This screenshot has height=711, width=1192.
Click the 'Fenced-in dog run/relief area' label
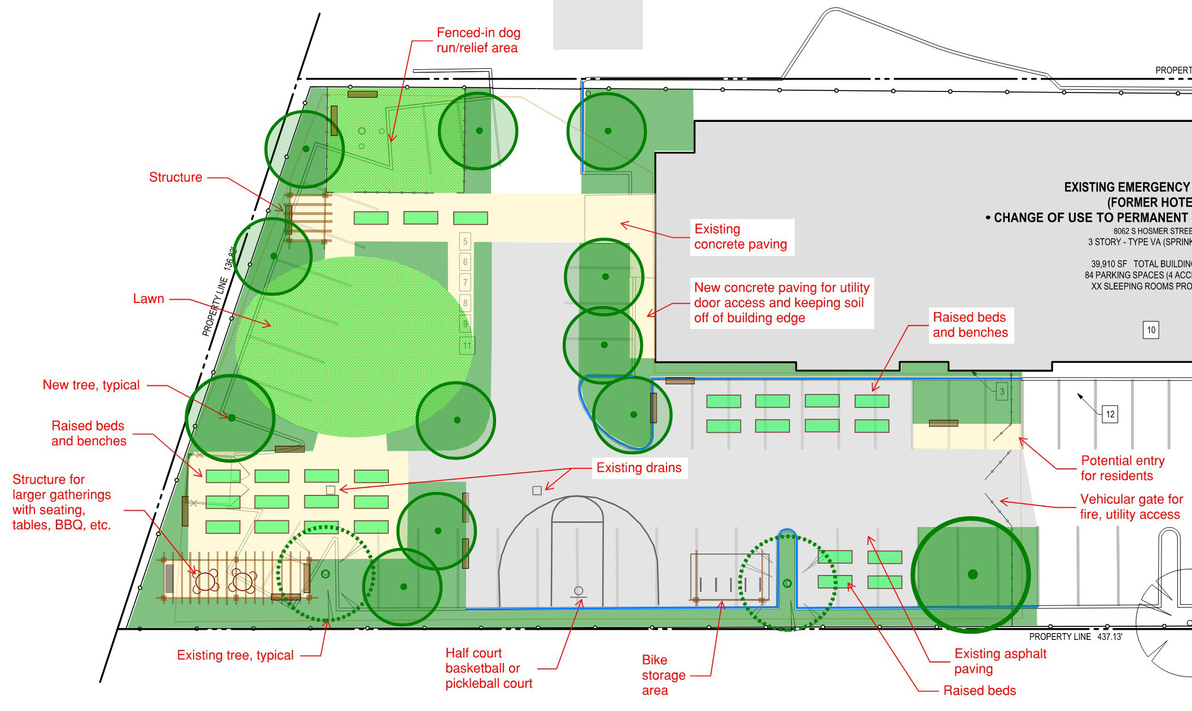point(478,40)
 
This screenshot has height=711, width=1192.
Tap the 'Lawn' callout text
point(148,299)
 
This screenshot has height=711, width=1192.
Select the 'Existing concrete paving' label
point(740,237)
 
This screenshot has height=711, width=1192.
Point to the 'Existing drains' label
point(639,468)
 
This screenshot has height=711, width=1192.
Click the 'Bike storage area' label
point(663,675)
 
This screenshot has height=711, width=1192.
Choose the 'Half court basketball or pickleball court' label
point(488,668)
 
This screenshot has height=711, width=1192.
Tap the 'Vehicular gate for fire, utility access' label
point(1130,507)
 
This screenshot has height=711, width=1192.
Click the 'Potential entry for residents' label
point(1122,468)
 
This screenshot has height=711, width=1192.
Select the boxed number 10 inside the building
point(1151,330)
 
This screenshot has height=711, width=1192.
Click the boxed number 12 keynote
point(1110,414)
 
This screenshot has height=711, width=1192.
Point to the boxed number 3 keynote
point(1002,392)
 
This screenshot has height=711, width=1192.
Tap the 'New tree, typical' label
point(91,385)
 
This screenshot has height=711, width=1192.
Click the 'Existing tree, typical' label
point(235,655)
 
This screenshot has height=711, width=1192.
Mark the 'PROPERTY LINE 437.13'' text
point(1075,637)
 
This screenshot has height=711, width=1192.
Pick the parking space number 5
point(465,242)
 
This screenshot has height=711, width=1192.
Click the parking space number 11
point(467,345)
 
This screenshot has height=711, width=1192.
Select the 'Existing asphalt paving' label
point(1000,661)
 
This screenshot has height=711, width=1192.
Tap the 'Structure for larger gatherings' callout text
point(62,502)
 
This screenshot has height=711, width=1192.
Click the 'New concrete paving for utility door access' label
point(781,303)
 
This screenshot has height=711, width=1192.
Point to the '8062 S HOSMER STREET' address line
point(1152,231)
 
